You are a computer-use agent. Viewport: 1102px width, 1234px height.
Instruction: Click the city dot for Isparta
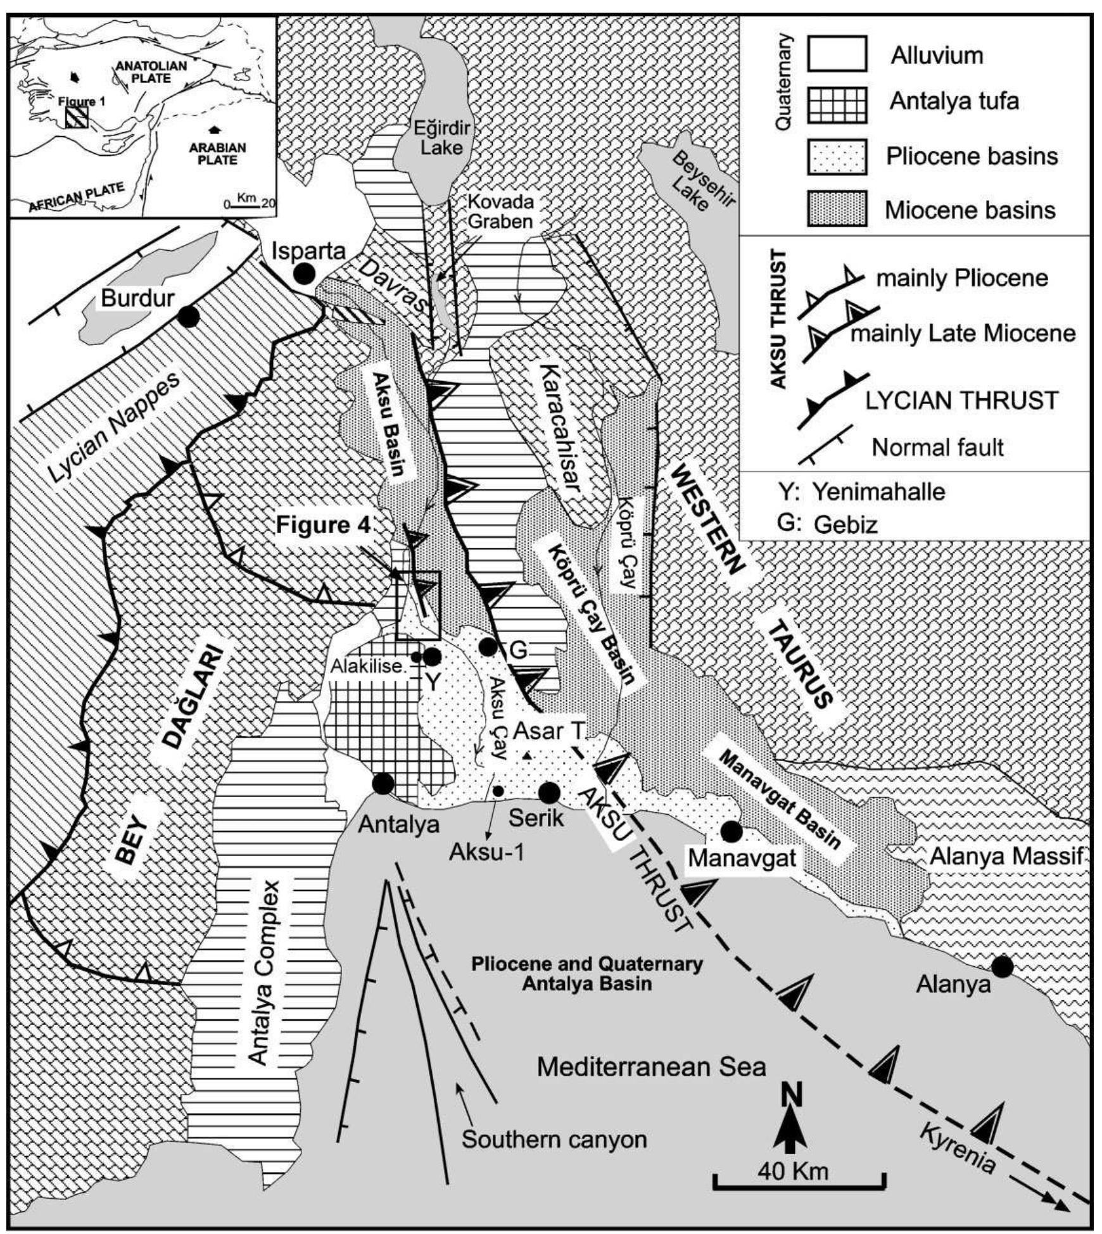[x=305, y=273]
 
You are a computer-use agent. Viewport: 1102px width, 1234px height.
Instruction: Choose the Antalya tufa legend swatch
[x=836, y=105]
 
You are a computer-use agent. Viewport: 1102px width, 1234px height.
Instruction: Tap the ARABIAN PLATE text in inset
[x=217, y=153]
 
